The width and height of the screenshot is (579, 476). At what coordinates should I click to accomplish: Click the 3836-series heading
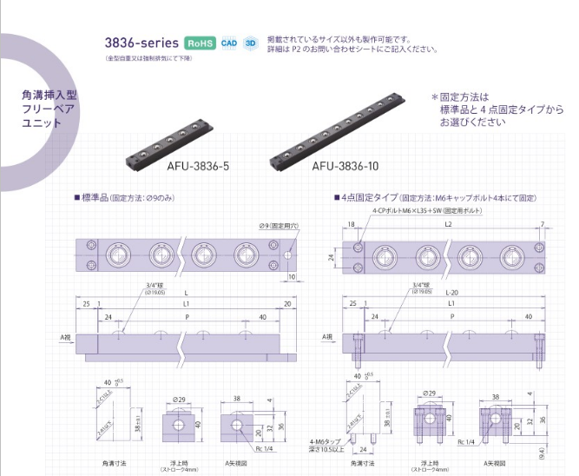tap(141, 42)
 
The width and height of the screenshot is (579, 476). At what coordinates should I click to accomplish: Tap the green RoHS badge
tap(200, 43)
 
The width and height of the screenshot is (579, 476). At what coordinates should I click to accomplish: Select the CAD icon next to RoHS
tap(229, 43)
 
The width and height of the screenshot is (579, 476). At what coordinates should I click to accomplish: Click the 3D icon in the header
tap(251, 43)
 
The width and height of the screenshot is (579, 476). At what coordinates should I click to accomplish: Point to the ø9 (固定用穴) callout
tap(280, 226)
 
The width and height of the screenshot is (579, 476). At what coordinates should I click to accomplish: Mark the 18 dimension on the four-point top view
tap(352, 225)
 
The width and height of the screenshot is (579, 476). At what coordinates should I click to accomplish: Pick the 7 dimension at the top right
tap(542, 225)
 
